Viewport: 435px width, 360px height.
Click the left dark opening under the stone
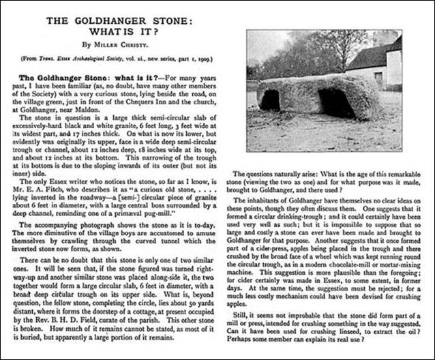pyautogui.click(x=269, y=101)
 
